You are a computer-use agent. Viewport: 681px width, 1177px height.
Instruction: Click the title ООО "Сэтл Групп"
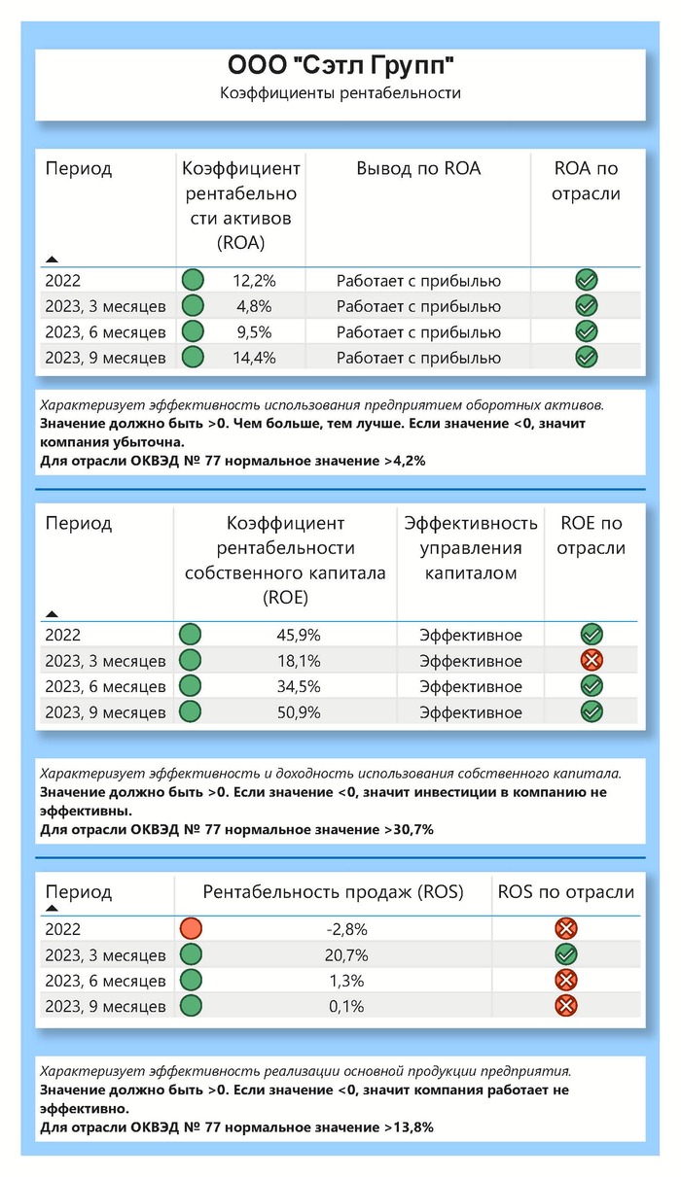(x=340, y=67)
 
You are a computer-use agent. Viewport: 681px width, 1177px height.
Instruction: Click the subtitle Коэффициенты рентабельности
(x=340, y=93)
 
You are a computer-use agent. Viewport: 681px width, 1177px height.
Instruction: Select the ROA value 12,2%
(x=255, y=281)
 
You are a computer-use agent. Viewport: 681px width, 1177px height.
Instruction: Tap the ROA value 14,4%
(x=255, y=358)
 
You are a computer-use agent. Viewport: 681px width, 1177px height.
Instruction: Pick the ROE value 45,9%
(x=299, y=636)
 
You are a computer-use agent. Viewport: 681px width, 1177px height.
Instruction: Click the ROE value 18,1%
(x=299, y=661)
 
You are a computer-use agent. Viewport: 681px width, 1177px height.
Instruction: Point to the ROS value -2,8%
(x=346, y=929)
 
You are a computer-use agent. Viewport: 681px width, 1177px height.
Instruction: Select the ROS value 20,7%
(x=346, y=955)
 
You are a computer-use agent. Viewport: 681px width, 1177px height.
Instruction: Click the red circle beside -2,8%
(x=191, y=929)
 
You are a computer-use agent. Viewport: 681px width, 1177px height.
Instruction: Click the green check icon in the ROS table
(x=565, y=955)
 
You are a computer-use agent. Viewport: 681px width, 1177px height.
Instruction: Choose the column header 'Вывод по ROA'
(x=418, y=168)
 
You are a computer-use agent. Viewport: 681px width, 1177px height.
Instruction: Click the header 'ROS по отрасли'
(x=565, y=892)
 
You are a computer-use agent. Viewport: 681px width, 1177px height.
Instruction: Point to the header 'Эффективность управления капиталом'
(x=471, y=548)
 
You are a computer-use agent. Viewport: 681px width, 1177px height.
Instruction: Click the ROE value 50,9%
(x=299, y=712)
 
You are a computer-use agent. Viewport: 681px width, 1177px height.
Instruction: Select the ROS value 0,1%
(x=346, y=1007)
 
